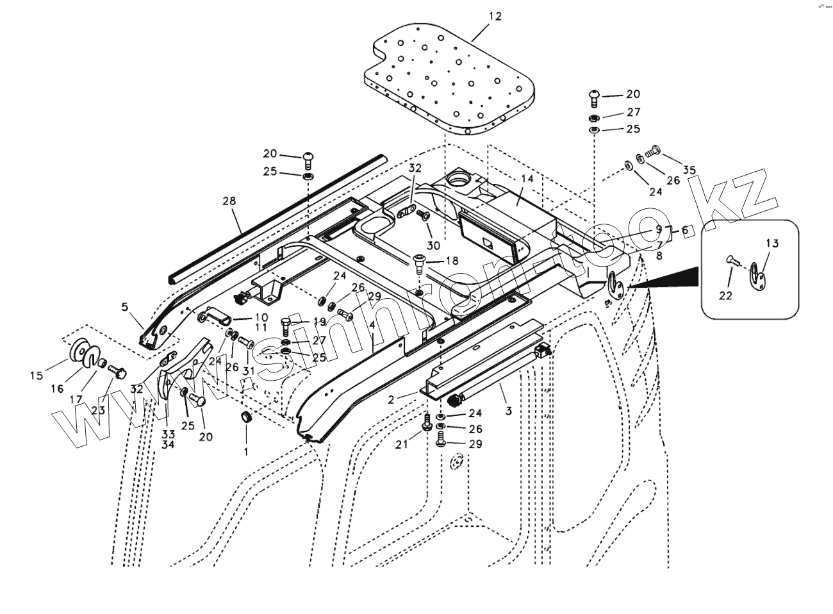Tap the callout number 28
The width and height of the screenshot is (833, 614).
pyautogui.click(x=229, y=201)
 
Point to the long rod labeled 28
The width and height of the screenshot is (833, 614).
pyautogui.click(x=276, y=218)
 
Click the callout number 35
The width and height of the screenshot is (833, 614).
pyautogui.click(x=689, y=170)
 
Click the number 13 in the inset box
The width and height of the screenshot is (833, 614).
pyautogui.click(x=772, y=243)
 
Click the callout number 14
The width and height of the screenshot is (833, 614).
pyautogui.click(x=527, y=179)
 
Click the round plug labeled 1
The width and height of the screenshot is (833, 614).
pyautogui.click(x=245, y=418)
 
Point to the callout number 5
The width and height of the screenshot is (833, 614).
pyautogui.click(x=125, y=307)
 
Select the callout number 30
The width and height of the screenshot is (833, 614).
pyautogui.click(x=434, y=245)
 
